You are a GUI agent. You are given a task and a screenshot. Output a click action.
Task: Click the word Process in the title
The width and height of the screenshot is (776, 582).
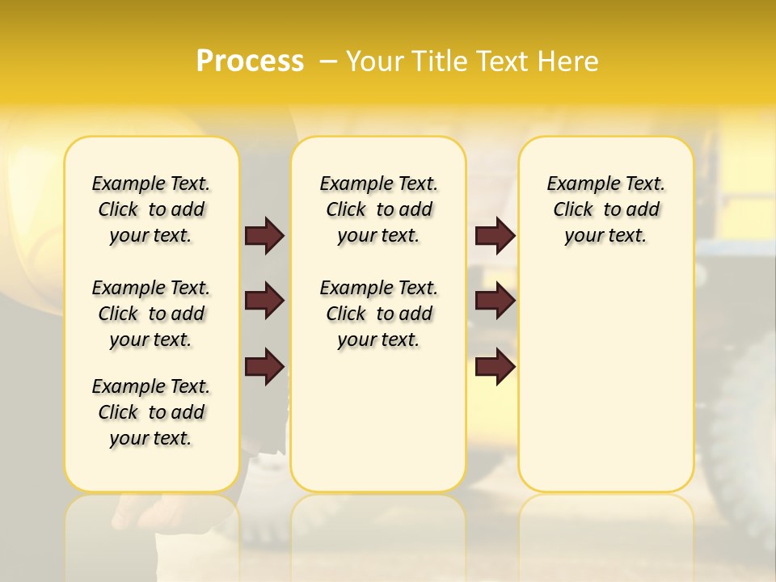(250, 61)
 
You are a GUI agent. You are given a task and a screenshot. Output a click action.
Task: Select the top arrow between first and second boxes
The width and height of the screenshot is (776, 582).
(264, 235)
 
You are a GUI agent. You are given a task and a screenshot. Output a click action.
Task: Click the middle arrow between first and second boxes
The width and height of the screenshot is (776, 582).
(264, 301)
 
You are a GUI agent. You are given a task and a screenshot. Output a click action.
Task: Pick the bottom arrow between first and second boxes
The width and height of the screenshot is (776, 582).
(264, 366)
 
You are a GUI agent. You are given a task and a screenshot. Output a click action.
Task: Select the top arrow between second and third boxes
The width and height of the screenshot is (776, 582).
(495, 235)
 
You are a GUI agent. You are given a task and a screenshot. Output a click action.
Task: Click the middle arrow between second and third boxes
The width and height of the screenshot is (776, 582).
(495, 301)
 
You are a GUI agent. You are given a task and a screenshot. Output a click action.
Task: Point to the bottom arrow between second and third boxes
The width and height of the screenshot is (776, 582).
(495, 366)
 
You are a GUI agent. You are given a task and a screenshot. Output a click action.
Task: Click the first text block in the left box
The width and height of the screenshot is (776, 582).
(151, 209)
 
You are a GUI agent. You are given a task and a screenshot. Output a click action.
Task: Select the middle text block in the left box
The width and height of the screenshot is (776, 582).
(151, 314)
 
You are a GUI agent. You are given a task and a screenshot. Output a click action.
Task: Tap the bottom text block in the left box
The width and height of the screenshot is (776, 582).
(151, 412)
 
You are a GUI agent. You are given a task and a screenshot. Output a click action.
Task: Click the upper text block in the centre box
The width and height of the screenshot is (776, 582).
(378, 209)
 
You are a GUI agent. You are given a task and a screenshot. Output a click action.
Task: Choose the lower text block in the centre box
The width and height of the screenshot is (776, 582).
(378, 314)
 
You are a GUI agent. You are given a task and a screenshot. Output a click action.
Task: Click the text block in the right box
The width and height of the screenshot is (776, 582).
(606, 209)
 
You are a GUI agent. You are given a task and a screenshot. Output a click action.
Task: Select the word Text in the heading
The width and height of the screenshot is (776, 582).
(504, 61)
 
